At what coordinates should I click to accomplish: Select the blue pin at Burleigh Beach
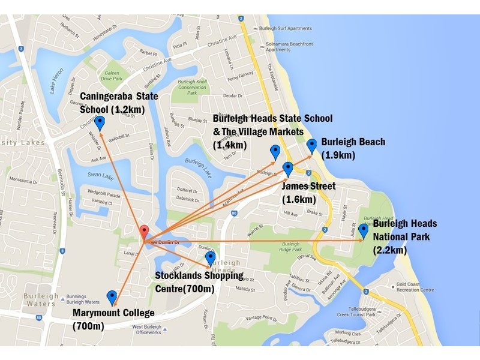click(311, 146)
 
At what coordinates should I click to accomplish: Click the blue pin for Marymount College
click(112, 297)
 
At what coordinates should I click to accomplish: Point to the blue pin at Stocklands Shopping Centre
click(210, 259)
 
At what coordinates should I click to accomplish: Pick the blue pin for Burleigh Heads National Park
click(363, 231)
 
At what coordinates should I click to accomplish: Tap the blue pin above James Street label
click(287, 169)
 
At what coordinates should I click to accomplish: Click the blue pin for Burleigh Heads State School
click(275, 152)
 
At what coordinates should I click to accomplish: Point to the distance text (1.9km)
click(339, 155)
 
